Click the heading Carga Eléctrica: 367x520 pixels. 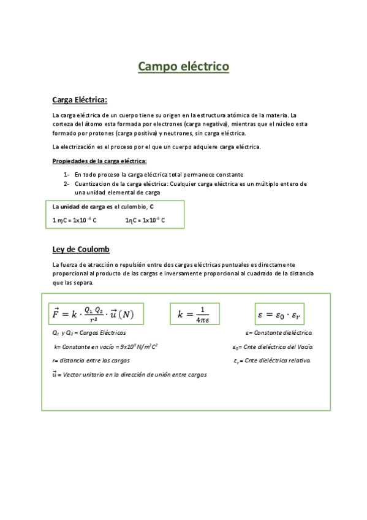[80, 99]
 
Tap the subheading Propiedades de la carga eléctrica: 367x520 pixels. [100, 161]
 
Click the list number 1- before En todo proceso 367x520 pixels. [67, 174]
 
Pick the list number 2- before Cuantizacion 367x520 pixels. [67, 183]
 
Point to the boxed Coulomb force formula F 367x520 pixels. [96, 315]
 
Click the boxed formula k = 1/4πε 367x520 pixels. [194, 314]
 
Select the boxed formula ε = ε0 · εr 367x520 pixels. [282, 315]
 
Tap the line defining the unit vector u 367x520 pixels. [129, 374]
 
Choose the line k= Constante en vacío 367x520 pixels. [105, 346]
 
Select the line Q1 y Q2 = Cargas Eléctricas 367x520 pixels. [89, 333]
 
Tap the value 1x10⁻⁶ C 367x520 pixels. [82, 220]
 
